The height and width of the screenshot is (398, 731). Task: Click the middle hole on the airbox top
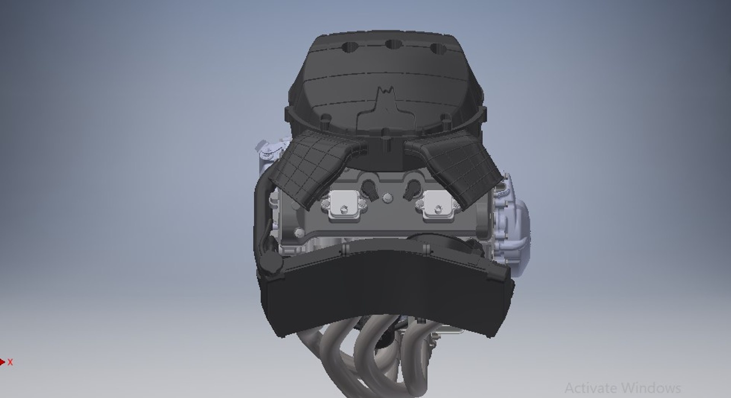(x=394, y=45)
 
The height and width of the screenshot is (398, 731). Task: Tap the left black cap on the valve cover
(x=369, y=188)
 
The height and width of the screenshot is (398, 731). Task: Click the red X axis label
(x=10, y=362)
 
